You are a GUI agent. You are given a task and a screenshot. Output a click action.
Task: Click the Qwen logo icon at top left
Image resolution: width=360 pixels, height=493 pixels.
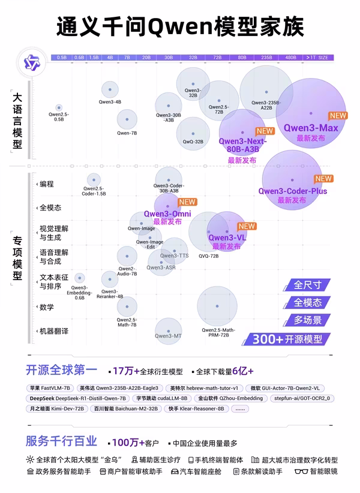31,61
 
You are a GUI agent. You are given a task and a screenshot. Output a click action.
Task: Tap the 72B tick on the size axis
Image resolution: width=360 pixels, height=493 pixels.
218,58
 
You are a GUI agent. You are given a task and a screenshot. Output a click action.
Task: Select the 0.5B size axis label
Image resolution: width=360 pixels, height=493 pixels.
62,58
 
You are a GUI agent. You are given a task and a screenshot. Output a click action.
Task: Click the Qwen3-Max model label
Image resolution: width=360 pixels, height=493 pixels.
311,128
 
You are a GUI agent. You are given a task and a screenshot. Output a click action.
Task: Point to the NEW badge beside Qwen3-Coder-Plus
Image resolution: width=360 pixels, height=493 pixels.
323,178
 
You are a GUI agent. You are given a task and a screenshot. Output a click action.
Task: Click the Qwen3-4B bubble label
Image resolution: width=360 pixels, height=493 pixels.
110,102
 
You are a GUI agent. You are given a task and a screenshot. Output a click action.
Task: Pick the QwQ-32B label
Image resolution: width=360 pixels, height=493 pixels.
193,142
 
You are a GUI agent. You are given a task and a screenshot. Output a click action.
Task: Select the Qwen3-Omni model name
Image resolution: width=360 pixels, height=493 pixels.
167,214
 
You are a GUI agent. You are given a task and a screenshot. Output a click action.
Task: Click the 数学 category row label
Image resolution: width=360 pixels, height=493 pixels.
47,307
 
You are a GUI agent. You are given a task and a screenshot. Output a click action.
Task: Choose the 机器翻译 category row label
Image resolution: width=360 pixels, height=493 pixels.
54,331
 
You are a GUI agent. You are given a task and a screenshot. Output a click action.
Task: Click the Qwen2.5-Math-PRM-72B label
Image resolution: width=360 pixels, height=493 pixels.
218,333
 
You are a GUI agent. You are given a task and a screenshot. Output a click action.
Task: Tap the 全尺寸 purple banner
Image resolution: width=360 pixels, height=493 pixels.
308,284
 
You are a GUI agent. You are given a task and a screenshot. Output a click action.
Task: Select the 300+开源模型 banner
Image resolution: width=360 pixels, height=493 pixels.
287,339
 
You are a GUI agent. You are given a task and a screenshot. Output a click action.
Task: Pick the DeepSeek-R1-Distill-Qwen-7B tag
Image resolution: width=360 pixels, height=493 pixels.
78,398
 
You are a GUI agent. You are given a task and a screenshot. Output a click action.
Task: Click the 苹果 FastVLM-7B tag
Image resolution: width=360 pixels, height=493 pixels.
50,387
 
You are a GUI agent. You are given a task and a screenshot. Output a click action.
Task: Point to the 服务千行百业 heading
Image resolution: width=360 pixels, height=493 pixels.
61,442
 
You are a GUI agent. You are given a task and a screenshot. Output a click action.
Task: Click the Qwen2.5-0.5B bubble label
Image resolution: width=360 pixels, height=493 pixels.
59,116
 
